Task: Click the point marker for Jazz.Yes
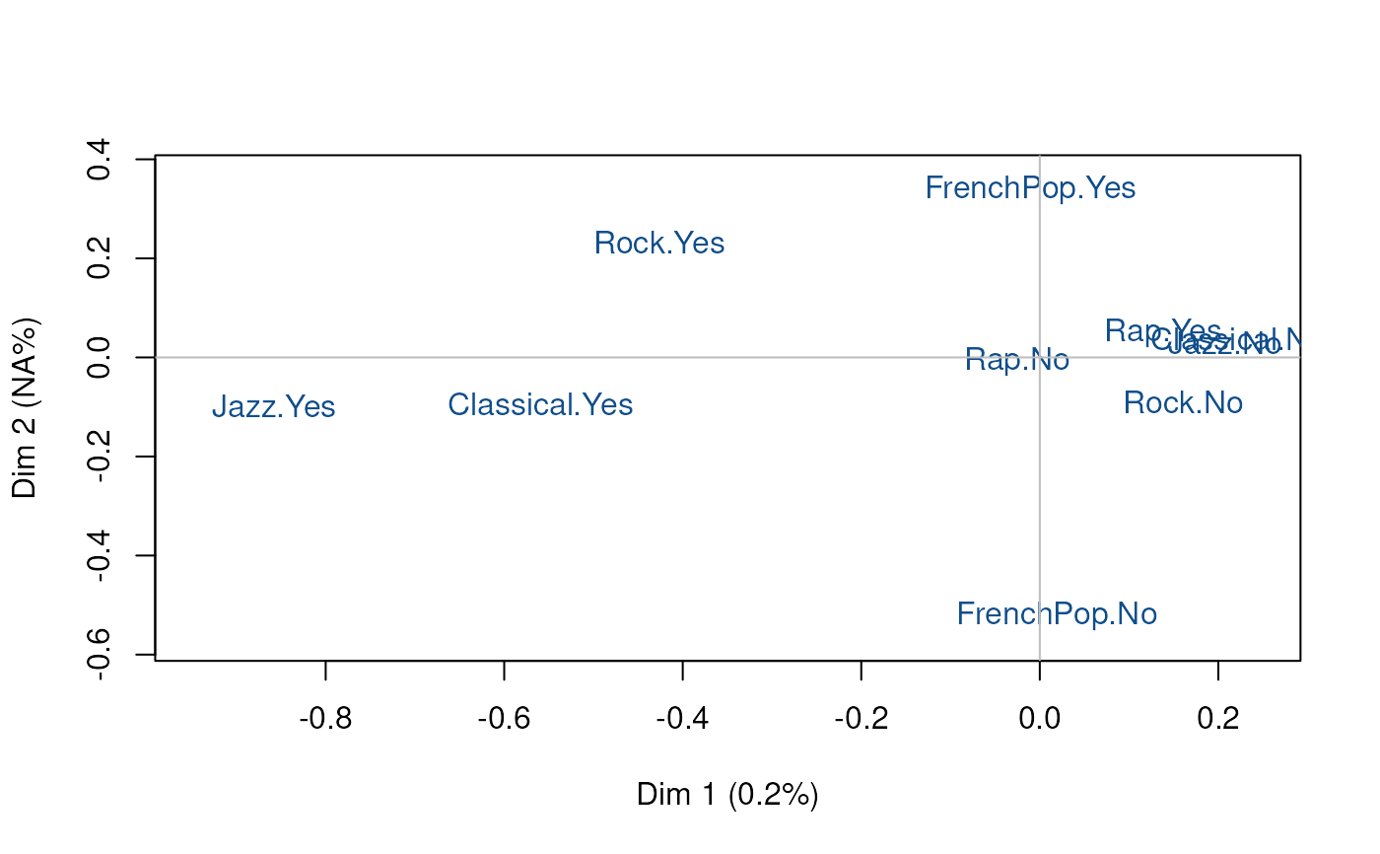274,405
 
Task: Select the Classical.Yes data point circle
540,403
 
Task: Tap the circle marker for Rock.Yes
659,242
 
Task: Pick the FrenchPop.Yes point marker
1030,190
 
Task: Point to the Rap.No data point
1017,362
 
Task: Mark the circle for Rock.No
1184,400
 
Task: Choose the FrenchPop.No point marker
1057,616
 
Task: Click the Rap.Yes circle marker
1164,332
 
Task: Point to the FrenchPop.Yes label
1084,188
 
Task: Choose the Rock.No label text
1217,403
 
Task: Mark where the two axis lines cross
1039,357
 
